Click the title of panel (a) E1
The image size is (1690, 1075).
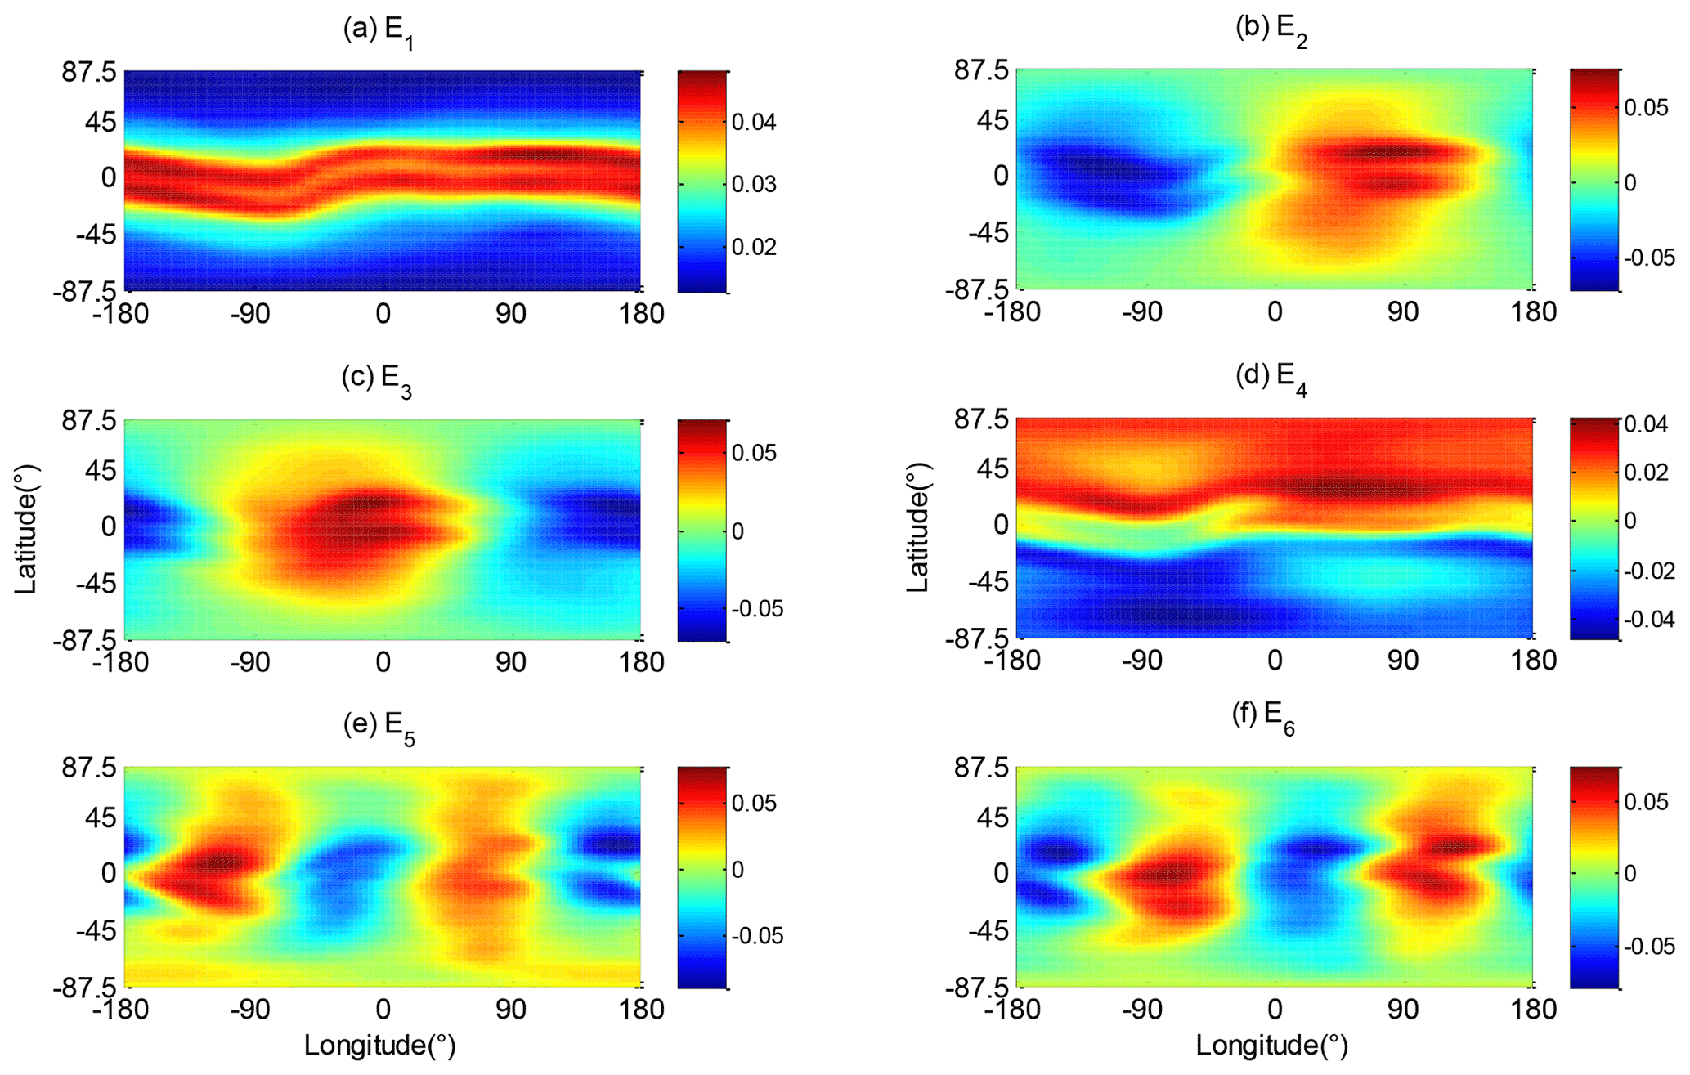(378, 32)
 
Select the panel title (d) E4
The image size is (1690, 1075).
(1271, 378)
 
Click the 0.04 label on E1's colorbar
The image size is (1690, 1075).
(754, 123)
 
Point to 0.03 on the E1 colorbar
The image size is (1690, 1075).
(754, 185)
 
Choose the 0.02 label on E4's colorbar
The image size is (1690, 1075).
(1646, 473)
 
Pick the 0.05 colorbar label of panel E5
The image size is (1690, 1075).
(754, 803)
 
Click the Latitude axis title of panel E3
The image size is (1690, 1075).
(27, 530)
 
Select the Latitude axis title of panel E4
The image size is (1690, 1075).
(919, 528)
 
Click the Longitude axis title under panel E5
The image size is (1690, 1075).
(380, 1046)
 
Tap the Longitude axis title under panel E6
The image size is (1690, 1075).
(1272, 1046)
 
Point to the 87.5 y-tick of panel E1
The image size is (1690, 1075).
(90, 73)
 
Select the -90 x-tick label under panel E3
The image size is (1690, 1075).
(249, 662)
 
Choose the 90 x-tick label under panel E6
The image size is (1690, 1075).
(1402, 1010)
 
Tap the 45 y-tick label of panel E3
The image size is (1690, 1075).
(100, 472)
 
